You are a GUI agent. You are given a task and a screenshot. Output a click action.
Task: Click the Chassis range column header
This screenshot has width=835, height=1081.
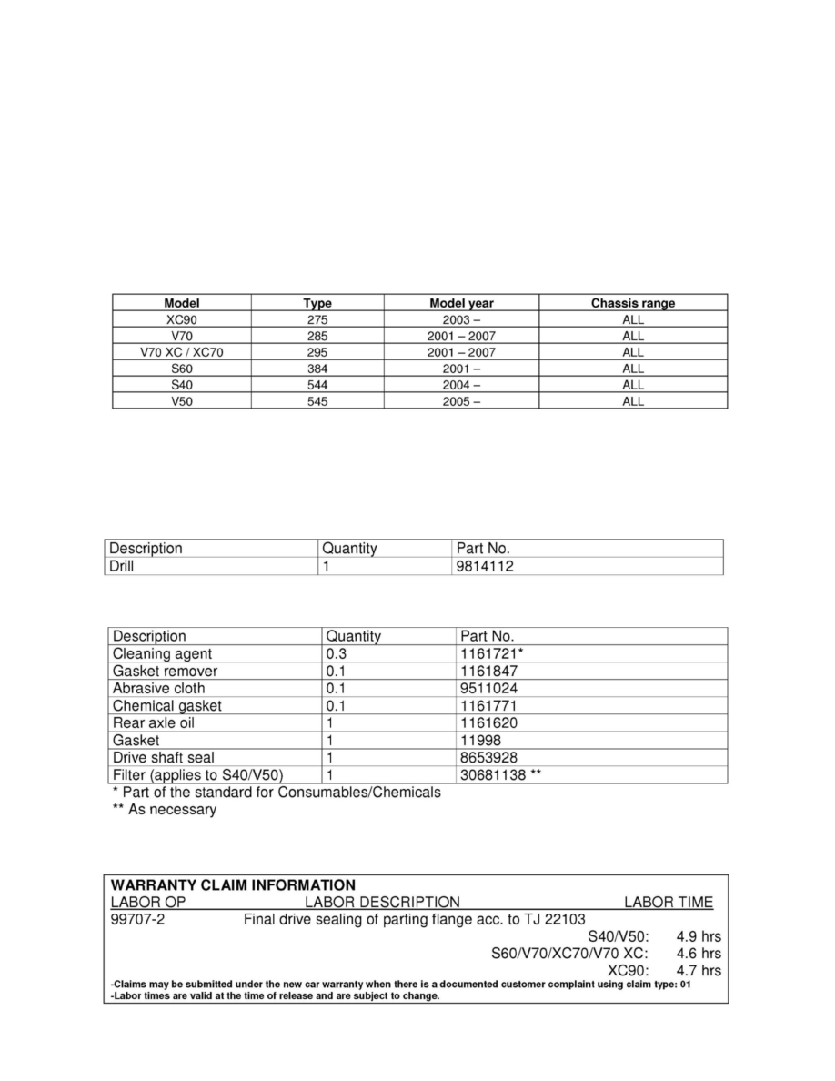coord(632,303)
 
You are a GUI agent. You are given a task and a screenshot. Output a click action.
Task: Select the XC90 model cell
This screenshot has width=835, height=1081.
coord(182,319)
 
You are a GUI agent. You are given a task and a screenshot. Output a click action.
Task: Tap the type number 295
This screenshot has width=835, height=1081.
coord(317,352)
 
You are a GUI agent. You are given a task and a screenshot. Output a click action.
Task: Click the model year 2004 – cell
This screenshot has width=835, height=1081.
coord(460,385)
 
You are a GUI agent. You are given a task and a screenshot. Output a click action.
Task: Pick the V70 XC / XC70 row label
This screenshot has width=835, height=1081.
coord(182,352)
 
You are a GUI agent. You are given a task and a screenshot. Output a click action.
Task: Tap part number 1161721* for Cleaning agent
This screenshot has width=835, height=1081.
coord(492,653)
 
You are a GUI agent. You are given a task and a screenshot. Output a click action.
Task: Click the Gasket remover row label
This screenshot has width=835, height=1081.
coord(165,671)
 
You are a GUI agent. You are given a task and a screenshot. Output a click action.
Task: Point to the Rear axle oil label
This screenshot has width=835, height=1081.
coord(154,722)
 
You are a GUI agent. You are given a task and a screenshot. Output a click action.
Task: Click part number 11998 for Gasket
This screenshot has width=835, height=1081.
coord(480,741)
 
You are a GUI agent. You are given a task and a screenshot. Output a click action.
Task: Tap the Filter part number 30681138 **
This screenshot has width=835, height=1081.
coord(502,775)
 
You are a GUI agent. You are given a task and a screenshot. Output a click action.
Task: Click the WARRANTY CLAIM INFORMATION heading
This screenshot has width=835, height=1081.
coord(233,884)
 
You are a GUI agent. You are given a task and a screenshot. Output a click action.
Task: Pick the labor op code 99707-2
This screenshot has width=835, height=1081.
coord(137,919)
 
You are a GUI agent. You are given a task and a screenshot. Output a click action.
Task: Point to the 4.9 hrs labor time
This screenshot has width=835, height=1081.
coord(699,936)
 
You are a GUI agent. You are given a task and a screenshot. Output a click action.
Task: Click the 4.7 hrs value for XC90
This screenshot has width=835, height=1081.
coord(699,971)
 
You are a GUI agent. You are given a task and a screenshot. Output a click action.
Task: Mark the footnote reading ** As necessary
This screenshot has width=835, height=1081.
coord(164,810)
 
